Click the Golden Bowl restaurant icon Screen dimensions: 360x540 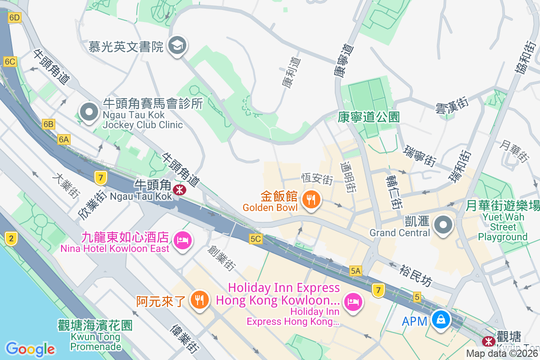point(311,199)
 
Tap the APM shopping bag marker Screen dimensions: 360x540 point(441,320)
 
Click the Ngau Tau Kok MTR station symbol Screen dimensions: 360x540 point(180,190)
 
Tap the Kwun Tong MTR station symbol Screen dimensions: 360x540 point(487,341)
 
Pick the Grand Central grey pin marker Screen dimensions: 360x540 point(443,224)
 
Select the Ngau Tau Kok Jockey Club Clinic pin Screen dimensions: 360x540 point(89,111)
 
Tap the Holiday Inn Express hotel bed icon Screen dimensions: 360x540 point(353,301)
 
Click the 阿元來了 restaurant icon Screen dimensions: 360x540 point(198,299)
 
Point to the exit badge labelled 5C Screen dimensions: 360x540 point(256,239)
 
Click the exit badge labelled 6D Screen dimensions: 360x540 point(14,18)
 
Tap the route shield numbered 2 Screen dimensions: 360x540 point(11,238)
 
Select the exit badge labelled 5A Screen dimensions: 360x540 point(355,270)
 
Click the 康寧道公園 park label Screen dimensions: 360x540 point(369,117)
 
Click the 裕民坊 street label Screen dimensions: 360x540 point(415,275)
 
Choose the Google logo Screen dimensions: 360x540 point(30,349)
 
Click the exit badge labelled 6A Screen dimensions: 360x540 point(64,139)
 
